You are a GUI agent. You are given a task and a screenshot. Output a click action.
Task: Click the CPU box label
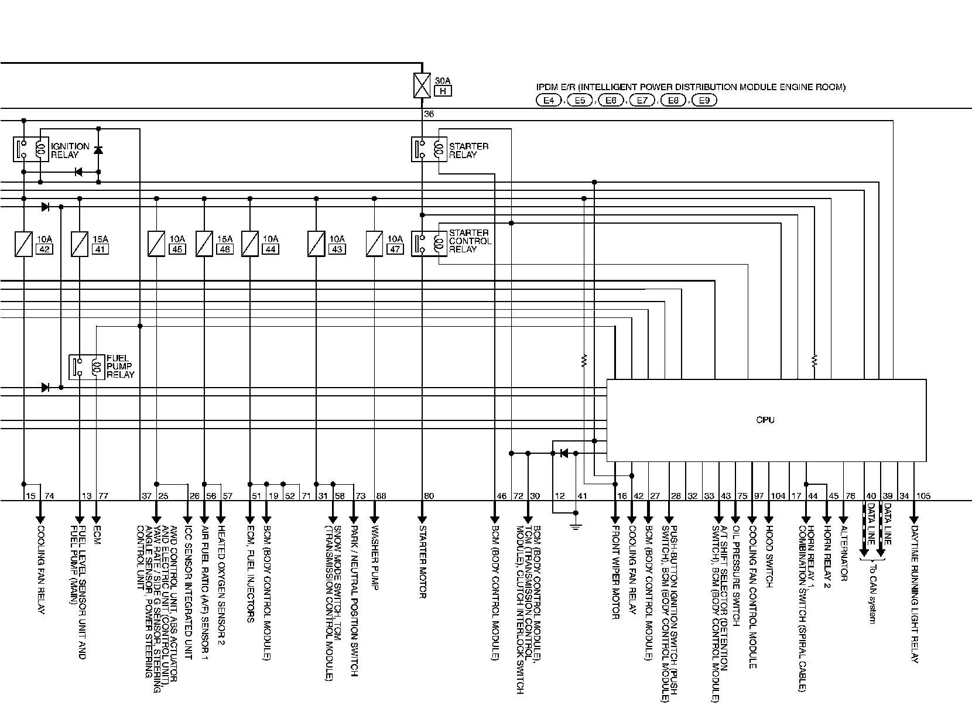click(765, 420)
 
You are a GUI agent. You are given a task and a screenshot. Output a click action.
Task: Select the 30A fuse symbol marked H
click(422, 84)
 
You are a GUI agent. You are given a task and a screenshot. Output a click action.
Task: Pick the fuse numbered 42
click(23, 244)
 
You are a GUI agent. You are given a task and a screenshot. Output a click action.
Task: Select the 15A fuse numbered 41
click(80, 244)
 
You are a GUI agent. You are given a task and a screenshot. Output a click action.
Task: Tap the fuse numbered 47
click(375, 244)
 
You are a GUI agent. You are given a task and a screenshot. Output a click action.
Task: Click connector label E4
click(549, 100)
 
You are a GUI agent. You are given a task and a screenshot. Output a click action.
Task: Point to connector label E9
click(704, 100)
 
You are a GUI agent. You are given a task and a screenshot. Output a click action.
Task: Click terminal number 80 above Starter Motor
click(429, 496)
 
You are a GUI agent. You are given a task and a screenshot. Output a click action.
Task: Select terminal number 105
click(923, 496)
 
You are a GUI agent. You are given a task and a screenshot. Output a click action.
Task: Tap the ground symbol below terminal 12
click(576, 526)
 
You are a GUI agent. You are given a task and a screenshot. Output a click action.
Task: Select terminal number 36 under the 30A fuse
click(429, 114)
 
